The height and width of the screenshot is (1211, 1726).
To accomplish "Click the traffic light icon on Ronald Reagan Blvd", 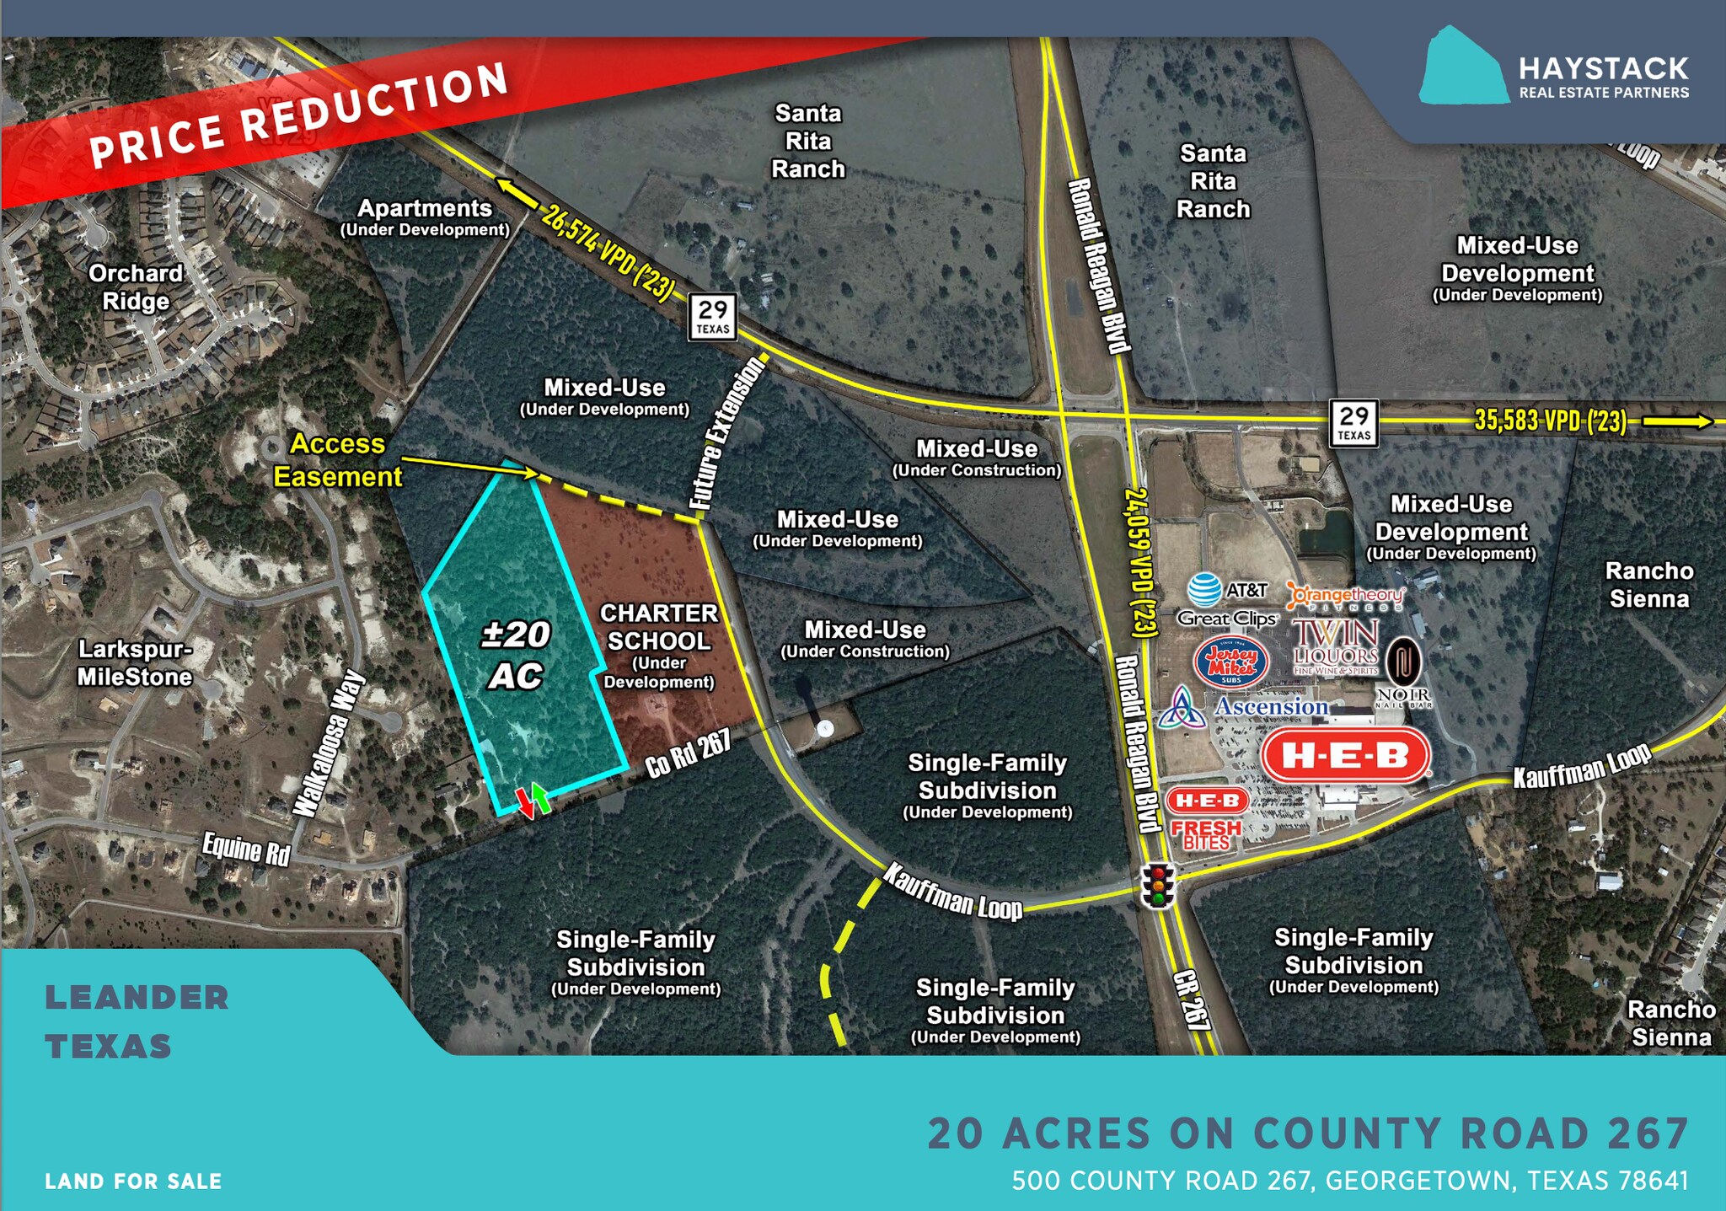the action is click(1158, 885).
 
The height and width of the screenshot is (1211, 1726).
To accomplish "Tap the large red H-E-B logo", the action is click(1346, 755).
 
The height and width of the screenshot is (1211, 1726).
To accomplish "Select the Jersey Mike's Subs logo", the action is click(1231, 662).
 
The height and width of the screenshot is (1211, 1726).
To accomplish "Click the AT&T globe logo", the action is click(1204, 590).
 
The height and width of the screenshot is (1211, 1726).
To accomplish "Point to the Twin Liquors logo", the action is click(1336, 647).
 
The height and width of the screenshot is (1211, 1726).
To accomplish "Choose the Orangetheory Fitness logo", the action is click(1346, 597).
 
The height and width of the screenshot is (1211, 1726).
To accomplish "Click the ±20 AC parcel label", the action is click(516, 655).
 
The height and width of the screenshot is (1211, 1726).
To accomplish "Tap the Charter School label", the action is click(658, 645).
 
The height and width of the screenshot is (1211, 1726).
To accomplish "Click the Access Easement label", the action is click(338, 460).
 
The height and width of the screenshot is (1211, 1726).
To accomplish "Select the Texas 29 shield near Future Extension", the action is click(713, 317).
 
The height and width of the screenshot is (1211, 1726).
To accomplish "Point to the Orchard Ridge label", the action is click(136, 287).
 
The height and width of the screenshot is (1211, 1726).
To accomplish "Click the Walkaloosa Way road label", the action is click(330, 743).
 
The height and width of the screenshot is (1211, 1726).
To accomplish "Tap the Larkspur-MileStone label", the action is click(135, 663).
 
